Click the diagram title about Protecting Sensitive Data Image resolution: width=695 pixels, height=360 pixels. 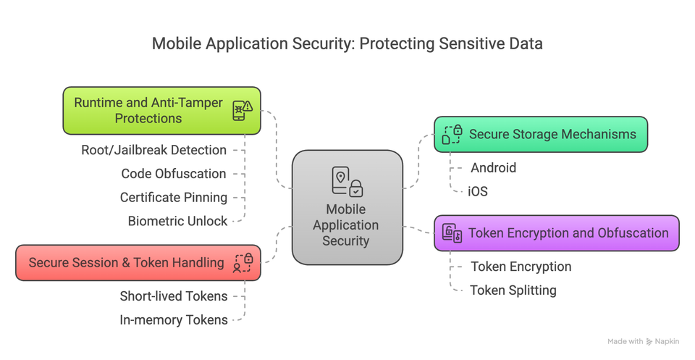coord(347,43)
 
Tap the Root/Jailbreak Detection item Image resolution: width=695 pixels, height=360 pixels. coord(153,150)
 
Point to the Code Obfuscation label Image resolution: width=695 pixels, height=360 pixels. coord(173,174)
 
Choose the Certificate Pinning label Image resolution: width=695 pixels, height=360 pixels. coord(173,198)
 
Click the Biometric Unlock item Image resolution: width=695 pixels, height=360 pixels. coord(177,221)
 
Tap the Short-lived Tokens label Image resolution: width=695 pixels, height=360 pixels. coord(173,296)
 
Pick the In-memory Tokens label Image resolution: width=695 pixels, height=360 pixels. coord(173,319)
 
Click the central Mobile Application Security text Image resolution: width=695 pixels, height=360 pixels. coord(346,225)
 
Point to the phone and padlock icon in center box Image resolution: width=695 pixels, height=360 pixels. coord(347,182)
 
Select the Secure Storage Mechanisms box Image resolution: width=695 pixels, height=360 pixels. coord(540,135)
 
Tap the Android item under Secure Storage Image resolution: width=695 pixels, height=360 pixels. coord(493,168)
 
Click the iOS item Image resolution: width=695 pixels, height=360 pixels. coord(478,192)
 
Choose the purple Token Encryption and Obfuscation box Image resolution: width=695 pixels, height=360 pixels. coord(556,233)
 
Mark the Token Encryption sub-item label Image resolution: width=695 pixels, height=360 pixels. coord(521,267)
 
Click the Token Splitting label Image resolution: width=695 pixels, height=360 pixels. coord(513,290)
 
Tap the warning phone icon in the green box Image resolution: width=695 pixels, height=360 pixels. coord(242,110)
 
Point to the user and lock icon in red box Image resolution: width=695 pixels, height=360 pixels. coord(243,263)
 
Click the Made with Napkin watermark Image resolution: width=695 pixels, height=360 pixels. coord(643,341)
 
